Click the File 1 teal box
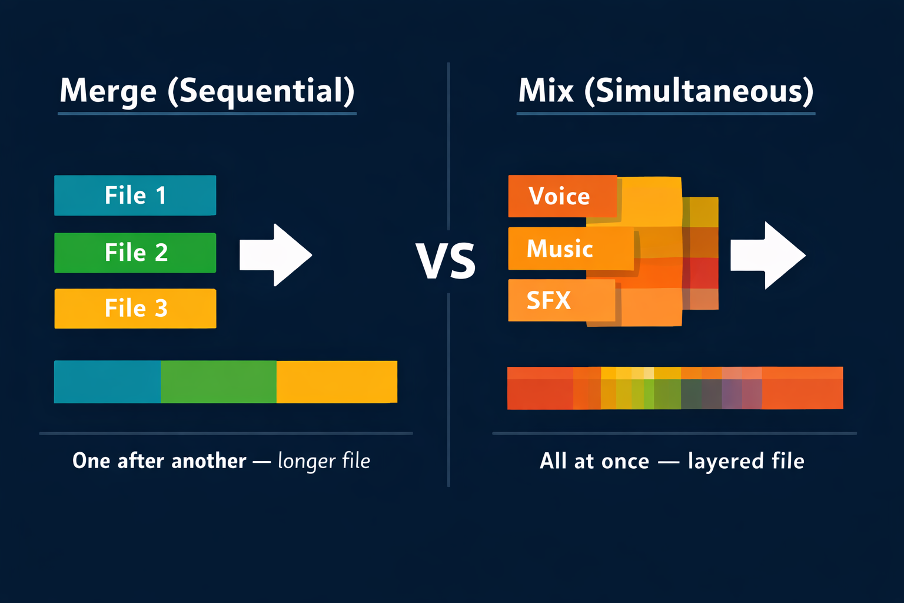[x=135, y=196]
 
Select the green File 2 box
[x=135, y=253]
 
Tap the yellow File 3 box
[x=135, y=309]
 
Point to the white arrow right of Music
[x=767, y=255]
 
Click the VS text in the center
[x=446, y=261]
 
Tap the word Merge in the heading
[x=108, y=91]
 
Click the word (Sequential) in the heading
[x=261, y=91]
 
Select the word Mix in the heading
[x=546, y=91]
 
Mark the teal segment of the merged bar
[x=107, y=382]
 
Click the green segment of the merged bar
[x=218, y=382]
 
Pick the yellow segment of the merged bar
[x=337, y=382]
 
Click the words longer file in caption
[x=324, y=461]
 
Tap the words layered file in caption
[x=746, y=461]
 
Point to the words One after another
[x=159, y=461]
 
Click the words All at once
[x=594, y=461]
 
